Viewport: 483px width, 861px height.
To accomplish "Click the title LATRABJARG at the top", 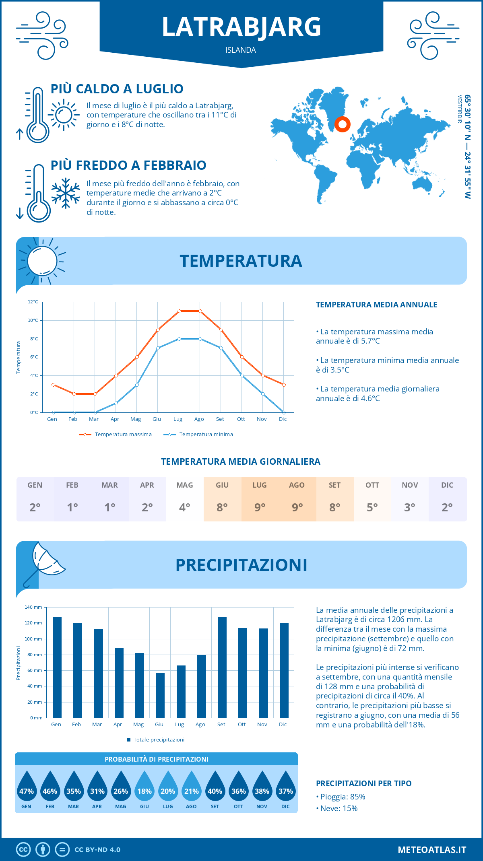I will pyautogui.click(x=242, y=27).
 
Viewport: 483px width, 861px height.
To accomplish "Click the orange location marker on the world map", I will pyautogui.click(x=343, y=124).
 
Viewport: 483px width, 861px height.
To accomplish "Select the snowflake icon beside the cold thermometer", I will pyautogui.click(x=66, y=193).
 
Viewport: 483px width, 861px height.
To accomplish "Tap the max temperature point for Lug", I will pyautogui.click(x=179, y=311).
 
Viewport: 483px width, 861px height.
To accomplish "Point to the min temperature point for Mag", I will pyautogui.click(x=137, y=385).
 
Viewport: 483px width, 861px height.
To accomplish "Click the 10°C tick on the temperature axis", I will pyautogui.click(x=33, y=320).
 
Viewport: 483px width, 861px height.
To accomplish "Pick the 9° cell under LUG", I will pyautogui.click(x=260, y=507).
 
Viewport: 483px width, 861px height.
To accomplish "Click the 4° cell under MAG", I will pyautogui.click(x=185, y=507).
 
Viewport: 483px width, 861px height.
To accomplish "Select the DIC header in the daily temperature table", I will pyautogui.click(x=447, y=485).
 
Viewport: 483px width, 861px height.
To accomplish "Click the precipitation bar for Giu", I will pyautogui.click(x=160, y=695).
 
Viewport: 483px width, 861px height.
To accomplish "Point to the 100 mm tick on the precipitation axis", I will pyautogui.click(x=33, y=639).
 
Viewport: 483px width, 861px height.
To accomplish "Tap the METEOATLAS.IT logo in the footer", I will pyautogui.click(x=432, y=850).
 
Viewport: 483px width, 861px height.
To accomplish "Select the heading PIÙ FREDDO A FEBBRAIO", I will pyautogui.click(x=128, y=165).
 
